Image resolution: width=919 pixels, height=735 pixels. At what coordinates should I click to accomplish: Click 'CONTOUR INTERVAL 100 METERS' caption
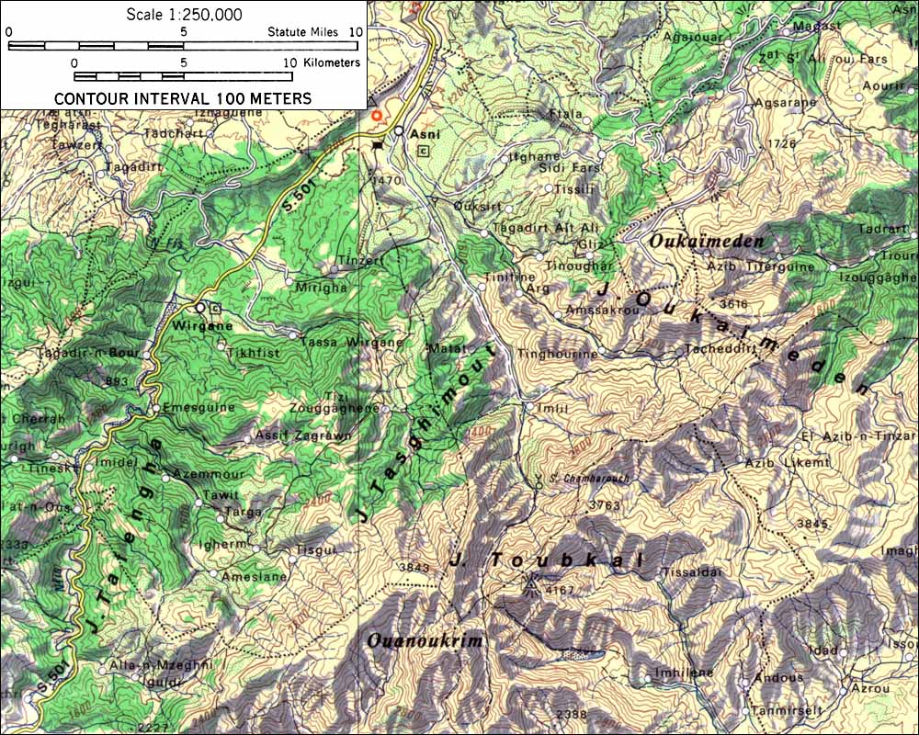183,98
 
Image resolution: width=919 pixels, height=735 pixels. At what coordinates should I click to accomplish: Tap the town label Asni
425,133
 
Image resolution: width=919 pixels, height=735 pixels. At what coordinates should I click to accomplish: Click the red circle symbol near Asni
376,117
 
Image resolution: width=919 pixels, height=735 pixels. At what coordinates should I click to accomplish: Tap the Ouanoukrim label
425,640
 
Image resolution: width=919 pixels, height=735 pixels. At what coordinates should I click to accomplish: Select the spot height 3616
733,303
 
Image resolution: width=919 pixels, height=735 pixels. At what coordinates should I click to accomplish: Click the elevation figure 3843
414,567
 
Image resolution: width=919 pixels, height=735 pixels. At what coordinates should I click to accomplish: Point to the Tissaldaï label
688,570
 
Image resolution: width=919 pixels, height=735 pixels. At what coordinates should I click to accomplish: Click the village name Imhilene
684,673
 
